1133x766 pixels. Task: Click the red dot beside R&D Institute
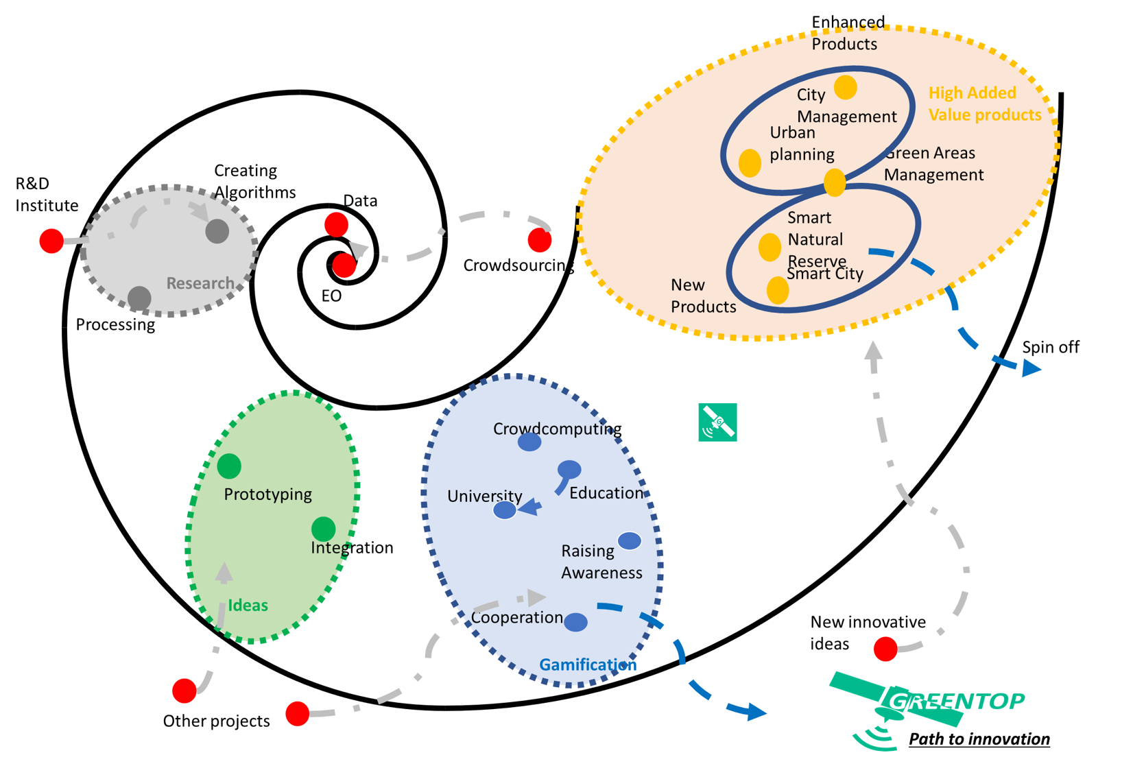pos(51,241)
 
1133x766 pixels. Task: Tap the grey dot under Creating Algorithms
pos(217,231)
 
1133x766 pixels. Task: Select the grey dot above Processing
pos(139,298)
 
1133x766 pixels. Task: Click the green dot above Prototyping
pos(229,466)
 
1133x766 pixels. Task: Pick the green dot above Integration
pos(323,529)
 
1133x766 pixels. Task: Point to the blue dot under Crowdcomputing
pos(529,442)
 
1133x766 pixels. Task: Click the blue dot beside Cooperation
pos(575,622)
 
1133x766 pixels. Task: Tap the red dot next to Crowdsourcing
pos(540,241)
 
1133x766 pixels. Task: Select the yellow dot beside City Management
pos(846,88)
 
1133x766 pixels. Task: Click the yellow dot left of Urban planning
pos(750,163)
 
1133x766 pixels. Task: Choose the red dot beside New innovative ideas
pos(885,649)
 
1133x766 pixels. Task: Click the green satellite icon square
pos(717,422)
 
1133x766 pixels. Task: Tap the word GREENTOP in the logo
pos(957,701)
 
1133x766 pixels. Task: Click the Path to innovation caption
pos(979,739)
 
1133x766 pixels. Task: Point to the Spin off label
pos(1050,348)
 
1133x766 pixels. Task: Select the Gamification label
pos(588,665)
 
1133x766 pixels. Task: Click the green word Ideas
pos(248,606)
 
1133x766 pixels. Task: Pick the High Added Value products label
pos(984,104)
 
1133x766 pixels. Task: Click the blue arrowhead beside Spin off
pos(1031,369)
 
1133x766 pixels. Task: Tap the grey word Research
pos(200,283)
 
